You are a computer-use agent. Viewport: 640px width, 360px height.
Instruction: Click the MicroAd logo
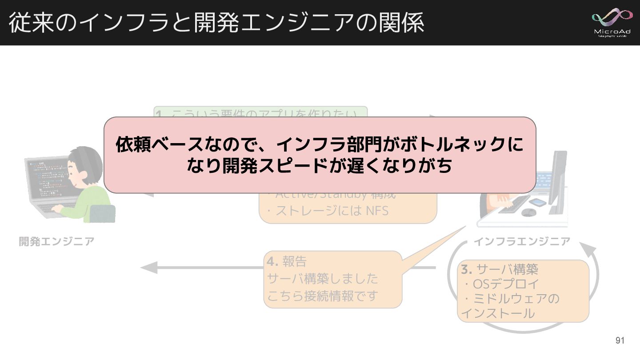[x=612, y=22]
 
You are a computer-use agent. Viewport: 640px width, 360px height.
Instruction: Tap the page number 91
[x=620, y=341]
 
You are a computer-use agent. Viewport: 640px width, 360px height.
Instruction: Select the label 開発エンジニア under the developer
[x=56, y=241]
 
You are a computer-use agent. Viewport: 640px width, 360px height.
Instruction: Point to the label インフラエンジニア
[x=522, y=241]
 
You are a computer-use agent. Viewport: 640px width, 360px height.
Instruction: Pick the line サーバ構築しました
[x=323, y=279]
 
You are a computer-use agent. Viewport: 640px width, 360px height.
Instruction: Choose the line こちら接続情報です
[x=323, y=296]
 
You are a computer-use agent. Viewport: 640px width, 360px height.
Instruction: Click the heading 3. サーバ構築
[x=500, y=269]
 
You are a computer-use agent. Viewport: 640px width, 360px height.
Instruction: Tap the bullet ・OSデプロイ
[x=500, y=284]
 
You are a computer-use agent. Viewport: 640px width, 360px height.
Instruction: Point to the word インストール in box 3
[x=498, y=313]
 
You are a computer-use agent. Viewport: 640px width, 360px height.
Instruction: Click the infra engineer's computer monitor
[x=558, y=178]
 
